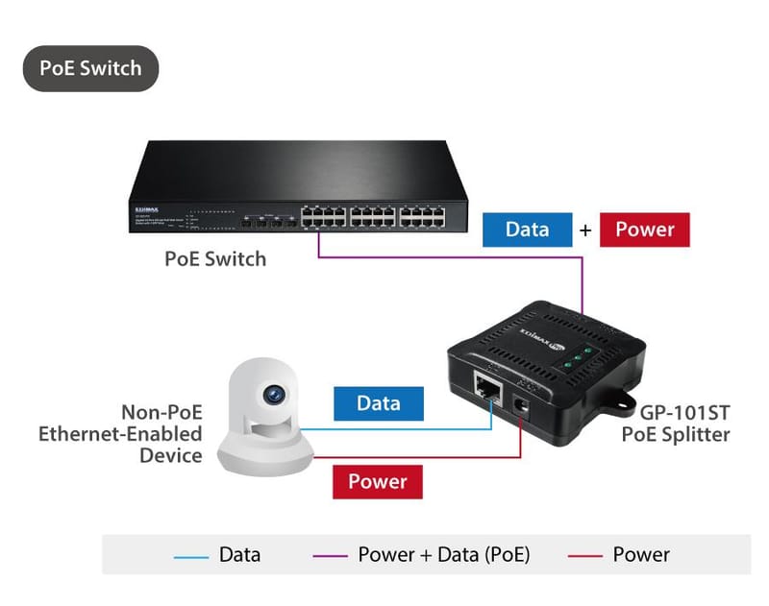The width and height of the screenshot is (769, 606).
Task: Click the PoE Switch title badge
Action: tap(90, 68)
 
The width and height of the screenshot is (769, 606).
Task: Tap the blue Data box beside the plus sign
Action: tap(527, 230)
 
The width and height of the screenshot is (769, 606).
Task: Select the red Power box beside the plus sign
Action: tap(644, 230)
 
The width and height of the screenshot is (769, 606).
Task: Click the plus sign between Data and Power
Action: tap(585, 230)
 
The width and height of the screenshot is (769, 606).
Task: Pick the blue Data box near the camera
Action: tap(378, 403)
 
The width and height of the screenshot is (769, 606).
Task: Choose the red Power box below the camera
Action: tap(378, 481)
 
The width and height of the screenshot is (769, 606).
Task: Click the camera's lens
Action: tap(275, 394)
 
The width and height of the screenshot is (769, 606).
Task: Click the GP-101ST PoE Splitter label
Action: tap(675, 424)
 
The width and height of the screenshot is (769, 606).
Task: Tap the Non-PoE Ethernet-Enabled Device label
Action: tap(120, 433)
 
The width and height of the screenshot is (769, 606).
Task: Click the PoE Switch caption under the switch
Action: tap(215, 258)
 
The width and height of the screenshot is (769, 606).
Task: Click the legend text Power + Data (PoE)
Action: tap(443, 555)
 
